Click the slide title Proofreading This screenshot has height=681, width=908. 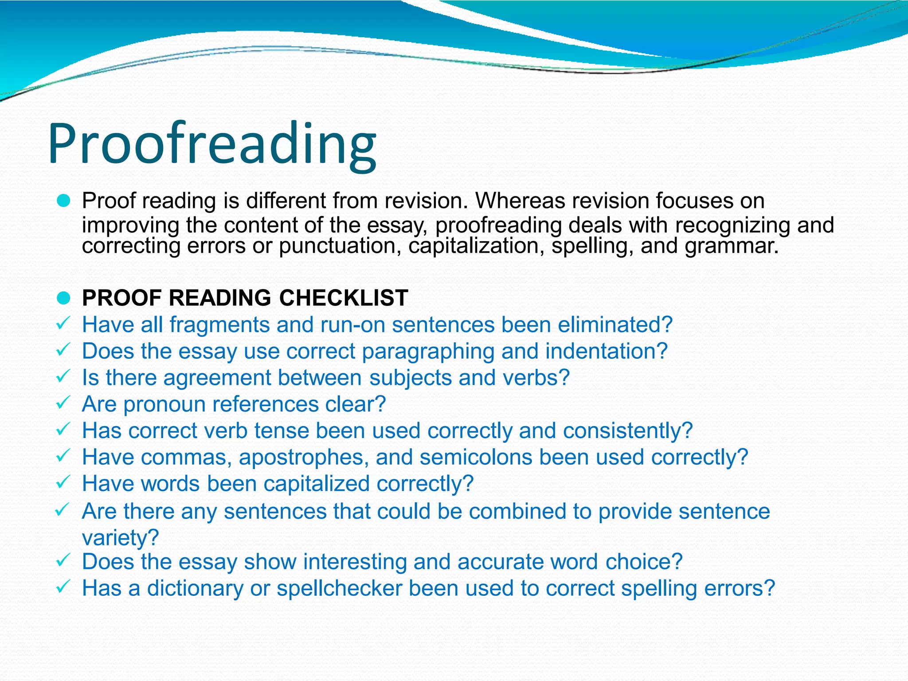pos(212,144)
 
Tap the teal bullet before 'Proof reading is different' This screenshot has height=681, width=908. pos(64,202)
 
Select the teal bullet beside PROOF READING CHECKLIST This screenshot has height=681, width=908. pos(64,298)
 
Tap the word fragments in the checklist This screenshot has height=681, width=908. pos(220,325)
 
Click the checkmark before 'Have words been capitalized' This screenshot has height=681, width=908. pos(63,482)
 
